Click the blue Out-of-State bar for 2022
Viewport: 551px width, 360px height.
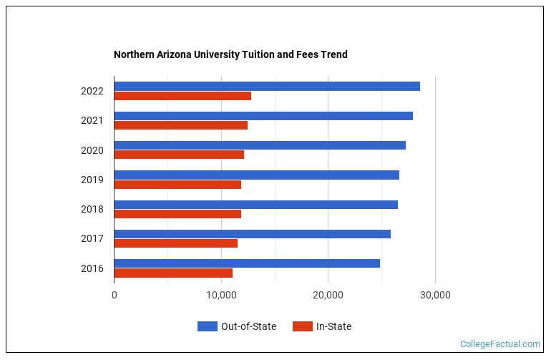pos(267,87)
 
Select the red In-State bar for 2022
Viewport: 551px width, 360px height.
pos(182,96)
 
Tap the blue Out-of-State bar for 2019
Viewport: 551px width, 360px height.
pos(256,175)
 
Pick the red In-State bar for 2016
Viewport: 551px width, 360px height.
pos(173,273)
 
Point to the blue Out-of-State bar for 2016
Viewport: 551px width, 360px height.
pos(247,263)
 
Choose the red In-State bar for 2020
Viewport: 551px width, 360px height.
pos(179,155)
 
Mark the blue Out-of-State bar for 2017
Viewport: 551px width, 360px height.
pos(252,234)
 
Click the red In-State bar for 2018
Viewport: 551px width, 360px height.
pos(177,214)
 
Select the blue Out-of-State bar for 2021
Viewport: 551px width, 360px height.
pos(263,116)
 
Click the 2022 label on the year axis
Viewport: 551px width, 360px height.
pos(92,92)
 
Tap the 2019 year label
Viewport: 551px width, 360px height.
pos(92,180)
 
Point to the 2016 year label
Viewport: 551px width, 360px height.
pos(92,268)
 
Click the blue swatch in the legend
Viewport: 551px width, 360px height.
pos(207,326)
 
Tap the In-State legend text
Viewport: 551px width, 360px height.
pos(333,326)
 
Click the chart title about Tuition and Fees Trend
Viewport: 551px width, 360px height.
pos(230,54)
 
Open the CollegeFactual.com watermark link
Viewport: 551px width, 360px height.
pos(499,344)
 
